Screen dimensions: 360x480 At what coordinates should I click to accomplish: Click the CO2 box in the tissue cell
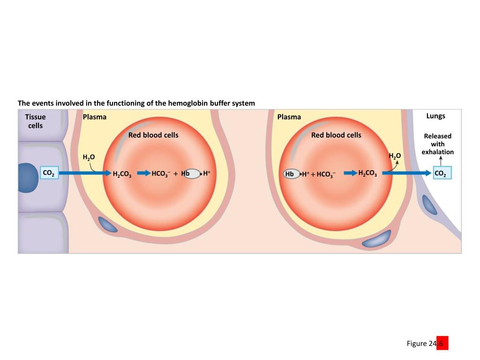coord(49,173)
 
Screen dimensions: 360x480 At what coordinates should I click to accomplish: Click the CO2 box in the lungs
coord(442,173)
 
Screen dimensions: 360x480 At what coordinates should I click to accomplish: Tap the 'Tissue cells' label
coord(36,121)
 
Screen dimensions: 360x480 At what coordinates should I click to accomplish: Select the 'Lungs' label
coord(435,116)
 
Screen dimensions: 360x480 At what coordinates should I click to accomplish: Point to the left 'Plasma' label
coord(95,117)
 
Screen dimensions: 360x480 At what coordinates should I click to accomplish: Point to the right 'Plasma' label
coord(289,117)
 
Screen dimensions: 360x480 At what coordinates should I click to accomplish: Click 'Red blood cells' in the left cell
coord(153,135)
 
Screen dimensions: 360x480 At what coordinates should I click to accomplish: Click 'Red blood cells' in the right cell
coord(336,135)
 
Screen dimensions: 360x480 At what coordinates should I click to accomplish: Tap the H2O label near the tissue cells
coord(89,157)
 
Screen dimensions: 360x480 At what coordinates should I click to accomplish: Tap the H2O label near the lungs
coord(395,156)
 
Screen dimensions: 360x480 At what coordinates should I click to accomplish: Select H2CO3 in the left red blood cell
coord(122,174)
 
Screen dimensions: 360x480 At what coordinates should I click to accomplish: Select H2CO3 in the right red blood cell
coord(367,173)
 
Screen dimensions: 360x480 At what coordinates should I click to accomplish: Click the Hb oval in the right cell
coord(291,174)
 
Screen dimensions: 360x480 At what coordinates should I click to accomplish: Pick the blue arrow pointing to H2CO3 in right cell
coord(350,173)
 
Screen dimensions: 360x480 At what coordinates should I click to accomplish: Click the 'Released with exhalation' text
coord(438,144)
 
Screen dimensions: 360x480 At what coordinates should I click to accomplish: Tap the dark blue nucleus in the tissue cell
coord(27,178)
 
